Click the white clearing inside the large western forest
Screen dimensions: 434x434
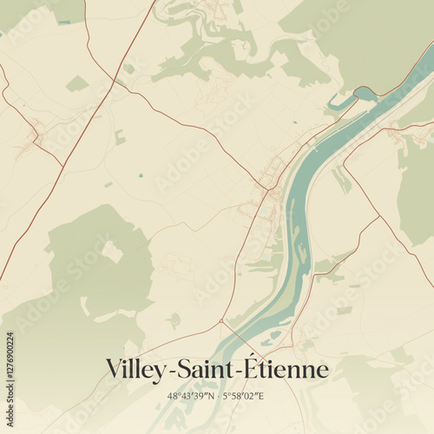point(112,252)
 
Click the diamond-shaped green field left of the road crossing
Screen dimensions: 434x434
point(77,83)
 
